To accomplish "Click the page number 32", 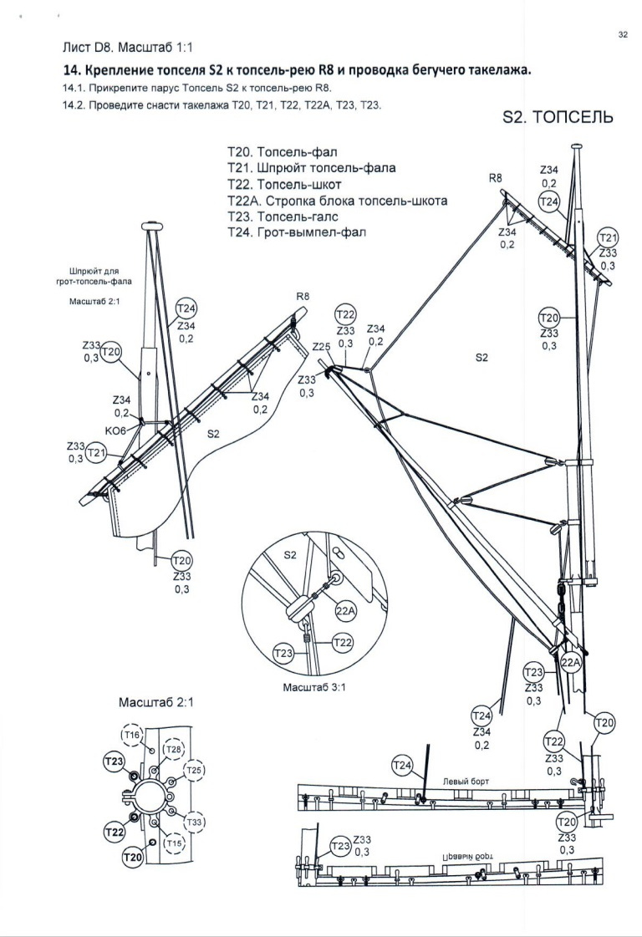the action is click(622, 34).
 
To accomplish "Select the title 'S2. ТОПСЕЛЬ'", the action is click(558, 116).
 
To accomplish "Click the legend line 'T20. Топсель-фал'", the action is click(283, 152).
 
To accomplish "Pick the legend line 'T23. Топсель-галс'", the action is click(283, 216).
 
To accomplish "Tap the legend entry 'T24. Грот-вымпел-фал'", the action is click(297, 232).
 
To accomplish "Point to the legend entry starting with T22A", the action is click(337, 200).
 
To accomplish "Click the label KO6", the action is click(115, 430).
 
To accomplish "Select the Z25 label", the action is click(322, 347).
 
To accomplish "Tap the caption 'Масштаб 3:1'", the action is click(313, 687).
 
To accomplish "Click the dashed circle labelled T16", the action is click(132, 735).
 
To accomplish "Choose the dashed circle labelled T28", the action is click(173, 750).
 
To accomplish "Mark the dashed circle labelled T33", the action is click(194, 822).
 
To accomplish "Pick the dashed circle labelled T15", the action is click(174, 843).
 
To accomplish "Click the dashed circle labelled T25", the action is click(194, 771).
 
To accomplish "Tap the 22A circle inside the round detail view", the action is click(345, 611).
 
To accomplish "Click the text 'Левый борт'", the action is click(466, 781).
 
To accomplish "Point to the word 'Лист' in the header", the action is click(76, 47).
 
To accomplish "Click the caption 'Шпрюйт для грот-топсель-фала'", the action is click(94, 276).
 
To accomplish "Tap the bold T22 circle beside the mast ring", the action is click(115, 831).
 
